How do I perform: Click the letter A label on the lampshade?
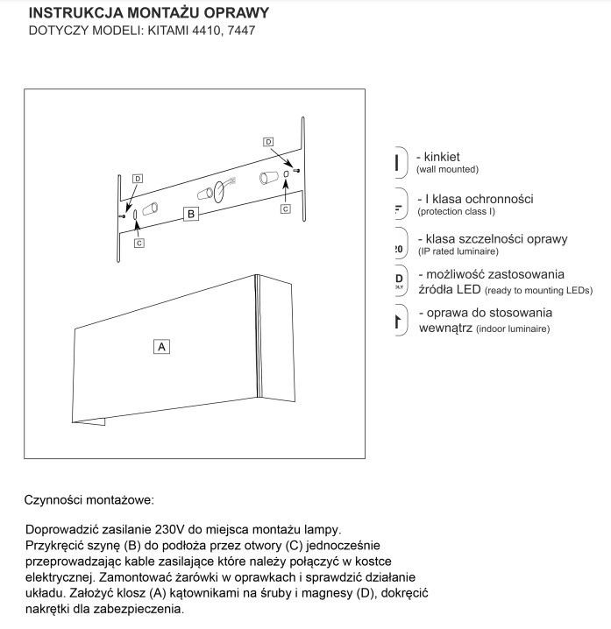pyautogui.click(x=161, y=346)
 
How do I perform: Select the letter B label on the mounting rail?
pyautogui.click(x=191, y=213)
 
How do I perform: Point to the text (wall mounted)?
pyautogui.click(x=448, y=169)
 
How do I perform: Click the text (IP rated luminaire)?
pyautogui.click(x=459, y=251)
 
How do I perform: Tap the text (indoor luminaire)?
pyautogui.click(x=514, y=329)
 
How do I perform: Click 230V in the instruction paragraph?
pyautogui.click(x=170, y=530)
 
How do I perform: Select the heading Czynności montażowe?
pyautogui.click(x=89, y=500)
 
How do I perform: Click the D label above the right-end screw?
pyautogui.click(x=268, y=141)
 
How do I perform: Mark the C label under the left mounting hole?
pyautogui.click(x=139, y=243)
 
